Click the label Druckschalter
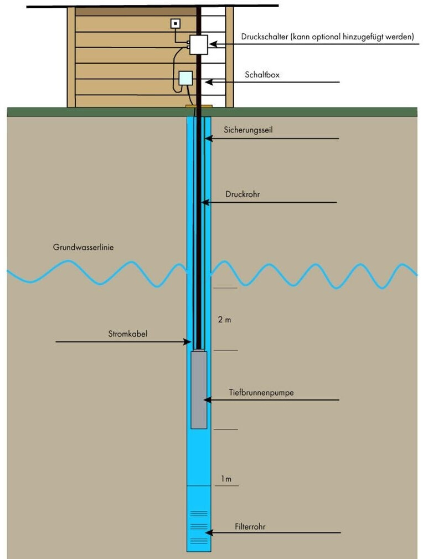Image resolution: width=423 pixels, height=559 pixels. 265,37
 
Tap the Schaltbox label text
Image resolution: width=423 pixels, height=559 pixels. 262,74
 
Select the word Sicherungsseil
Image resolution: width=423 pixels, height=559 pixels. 249,130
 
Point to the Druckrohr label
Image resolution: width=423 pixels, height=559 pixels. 243,194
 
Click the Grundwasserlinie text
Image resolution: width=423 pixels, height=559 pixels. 84,248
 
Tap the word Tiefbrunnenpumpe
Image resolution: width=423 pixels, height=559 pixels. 261,392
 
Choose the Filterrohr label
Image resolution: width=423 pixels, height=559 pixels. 250,526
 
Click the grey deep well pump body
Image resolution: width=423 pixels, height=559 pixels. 199,389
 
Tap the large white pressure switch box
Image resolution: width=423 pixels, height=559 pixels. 198,44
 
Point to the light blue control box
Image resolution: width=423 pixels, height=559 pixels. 185,79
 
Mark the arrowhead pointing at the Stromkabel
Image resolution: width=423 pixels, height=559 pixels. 188,342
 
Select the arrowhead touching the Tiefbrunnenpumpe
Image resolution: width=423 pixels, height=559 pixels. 207,399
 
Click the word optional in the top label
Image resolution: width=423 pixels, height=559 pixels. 328,37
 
